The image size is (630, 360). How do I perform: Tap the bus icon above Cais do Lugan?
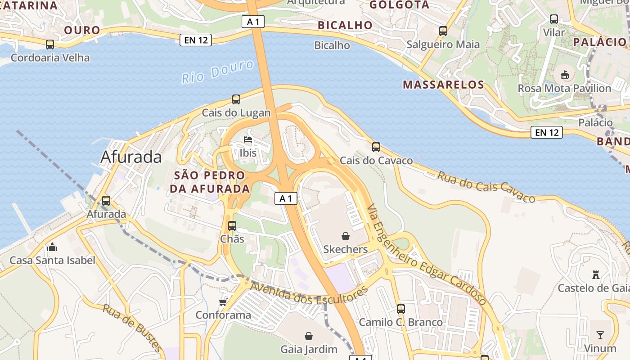click(236, 99)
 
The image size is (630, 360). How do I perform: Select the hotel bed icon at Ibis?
click(248, 139)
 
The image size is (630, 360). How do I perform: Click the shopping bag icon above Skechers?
click(345, 236)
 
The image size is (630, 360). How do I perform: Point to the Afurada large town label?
click(131, 157)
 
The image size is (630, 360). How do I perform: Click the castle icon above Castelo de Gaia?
click(596, 274)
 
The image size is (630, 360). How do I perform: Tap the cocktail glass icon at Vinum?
click(600, 335)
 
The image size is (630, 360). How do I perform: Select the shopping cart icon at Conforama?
click(223, 301)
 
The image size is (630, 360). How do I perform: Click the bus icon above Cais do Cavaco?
click(376, 147)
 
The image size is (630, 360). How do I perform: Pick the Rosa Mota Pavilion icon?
click(564, 75)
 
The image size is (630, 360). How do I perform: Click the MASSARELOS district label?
click(443, 85)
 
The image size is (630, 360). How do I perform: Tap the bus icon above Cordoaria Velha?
click(50, 45)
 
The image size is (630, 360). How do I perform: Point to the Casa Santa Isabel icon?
click(52, 247)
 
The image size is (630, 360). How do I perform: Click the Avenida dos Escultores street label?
click(309, 293)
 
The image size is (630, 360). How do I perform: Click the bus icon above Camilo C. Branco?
click(400, 309)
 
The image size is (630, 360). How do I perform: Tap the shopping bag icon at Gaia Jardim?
click(309, 336)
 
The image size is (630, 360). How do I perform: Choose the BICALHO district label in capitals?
click(345, 25)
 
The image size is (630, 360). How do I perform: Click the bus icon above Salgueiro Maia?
click(443, 31)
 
